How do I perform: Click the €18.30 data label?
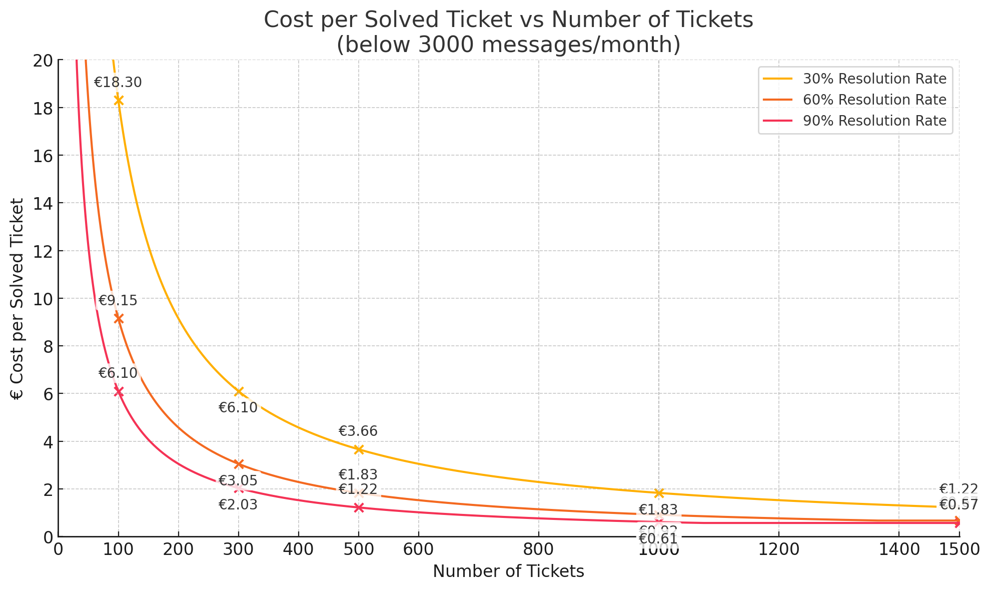[118, 83]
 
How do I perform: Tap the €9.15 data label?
[118, 301]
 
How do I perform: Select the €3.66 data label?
[358, 431]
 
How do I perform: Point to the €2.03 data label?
[238, 505]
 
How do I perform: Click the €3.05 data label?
[238, 481]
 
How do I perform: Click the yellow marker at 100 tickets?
[119, 101]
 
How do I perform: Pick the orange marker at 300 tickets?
[239, 464]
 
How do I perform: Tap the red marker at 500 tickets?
[359, 508]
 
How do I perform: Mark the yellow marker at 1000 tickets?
[659, 493]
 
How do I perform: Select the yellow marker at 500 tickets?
[359, 449]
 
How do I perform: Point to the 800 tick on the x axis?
[539, 550]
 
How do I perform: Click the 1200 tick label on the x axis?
[779, 550]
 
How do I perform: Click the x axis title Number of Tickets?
[509, 571]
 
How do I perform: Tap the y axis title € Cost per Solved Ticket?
[18, 299]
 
